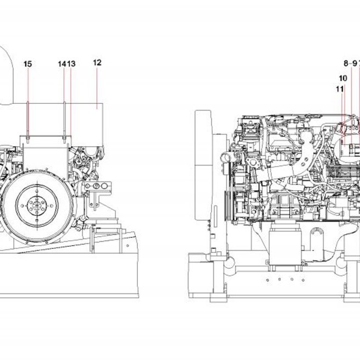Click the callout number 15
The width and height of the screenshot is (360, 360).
[x=28, y=64]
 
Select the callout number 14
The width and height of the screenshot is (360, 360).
[x=62, y=64]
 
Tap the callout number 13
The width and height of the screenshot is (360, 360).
[x=71, y=64]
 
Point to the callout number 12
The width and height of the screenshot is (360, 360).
[x=97, y=63]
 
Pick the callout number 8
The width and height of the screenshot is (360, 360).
[x=346, y=63]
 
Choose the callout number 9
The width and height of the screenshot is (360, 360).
[x=355, y=63]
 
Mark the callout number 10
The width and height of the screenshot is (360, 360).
[x=343, y=78]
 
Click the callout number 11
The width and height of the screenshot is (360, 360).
[x=340, y=89]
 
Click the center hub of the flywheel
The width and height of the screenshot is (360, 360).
[x=37, y=204]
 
